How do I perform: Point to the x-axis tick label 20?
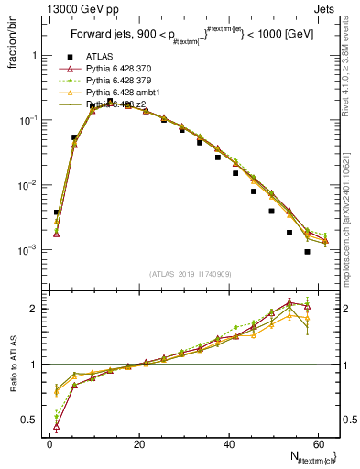click(x=139, y=444)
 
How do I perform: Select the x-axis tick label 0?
click(x=49, y=444)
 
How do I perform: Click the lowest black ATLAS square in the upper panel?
click(x=307, y=252)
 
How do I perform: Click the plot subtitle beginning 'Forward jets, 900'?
click(x=190, y=37)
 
